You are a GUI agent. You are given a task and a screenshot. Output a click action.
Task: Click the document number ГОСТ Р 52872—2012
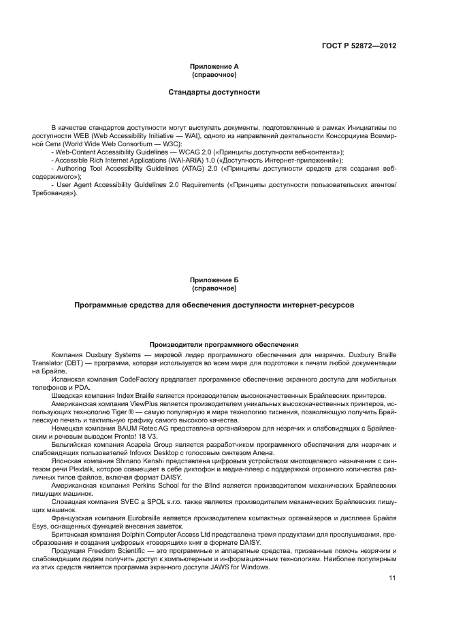(x=359, y=46)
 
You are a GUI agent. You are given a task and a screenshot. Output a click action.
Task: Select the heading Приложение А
(x=214, y=66)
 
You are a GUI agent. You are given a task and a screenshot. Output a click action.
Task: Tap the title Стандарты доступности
(x=214, y=91)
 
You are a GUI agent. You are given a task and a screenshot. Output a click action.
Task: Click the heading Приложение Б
(x=214, y=280)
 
